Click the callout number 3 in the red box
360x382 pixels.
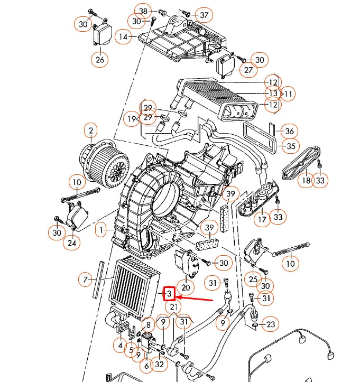[169, 293]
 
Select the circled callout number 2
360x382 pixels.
[91, 131]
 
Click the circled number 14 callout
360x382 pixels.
[123, 37]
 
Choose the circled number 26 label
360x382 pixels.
[100, 60]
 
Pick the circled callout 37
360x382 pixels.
[204, 14]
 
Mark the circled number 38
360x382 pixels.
[143, 11]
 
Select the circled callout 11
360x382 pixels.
[289, 95]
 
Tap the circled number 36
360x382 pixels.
[289, 131]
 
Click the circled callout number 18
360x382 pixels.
[306, 181]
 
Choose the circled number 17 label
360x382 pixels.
[262, 217]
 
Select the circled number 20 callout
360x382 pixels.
[186, 287]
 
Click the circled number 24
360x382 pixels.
[71, 244]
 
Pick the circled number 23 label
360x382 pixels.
[271, 324]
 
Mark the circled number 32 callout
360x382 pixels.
[160, 364]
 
